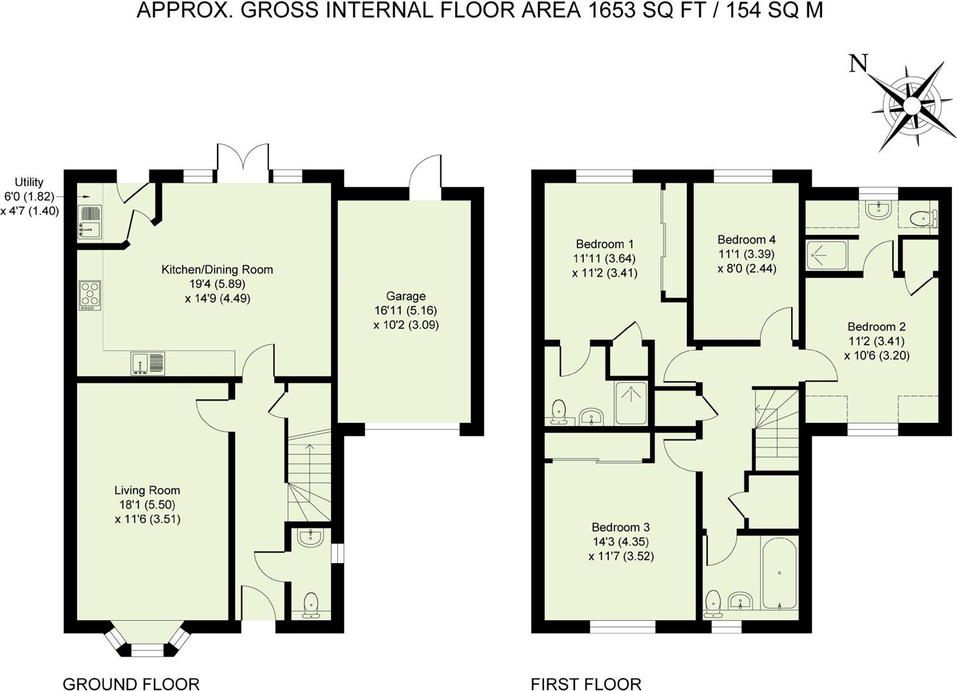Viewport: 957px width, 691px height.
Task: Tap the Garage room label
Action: (x=406, y=296)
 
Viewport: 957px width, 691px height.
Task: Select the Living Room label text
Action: (x=147, y=491)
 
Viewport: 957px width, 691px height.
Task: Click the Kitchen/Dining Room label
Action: (x=217, y=269)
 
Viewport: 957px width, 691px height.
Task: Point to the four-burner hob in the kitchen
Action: (x=89, y=296)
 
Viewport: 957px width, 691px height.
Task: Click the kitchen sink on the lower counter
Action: (x=148, y=363)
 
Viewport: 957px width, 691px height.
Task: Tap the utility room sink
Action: (x=89, y=221)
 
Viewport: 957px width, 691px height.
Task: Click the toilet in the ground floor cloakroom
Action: (x=310, y=605)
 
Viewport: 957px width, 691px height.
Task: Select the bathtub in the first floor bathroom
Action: (x=778, y=574)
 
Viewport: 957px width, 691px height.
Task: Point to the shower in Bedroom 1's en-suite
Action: (x=631, y=403)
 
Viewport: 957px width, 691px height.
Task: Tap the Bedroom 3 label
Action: (x=620, y=527)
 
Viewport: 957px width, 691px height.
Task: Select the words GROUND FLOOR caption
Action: (x=131, y=683)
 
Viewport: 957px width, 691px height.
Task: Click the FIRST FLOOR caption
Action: (x=586, y=683)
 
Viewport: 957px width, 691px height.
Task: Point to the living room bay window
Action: (x=147, y=640)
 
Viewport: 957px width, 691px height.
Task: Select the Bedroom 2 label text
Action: (x=876, y=326)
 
